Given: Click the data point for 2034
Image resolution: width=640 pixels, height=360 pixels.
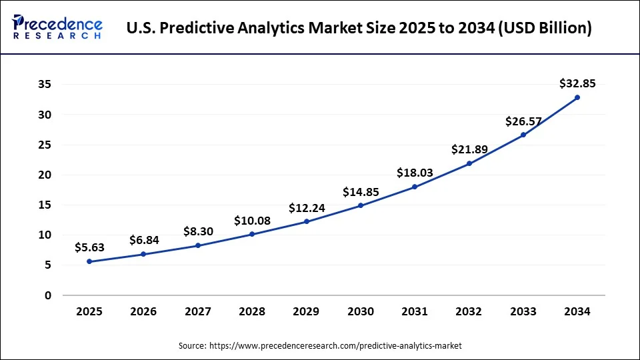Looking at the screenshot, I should tap(577, 97).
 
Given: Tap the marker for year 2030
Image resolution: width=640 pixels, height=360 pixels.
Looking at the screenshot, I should tap(361, 205).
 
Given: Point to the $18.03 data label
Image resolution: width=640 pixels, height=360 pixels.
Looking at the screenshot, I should tap(415, 173).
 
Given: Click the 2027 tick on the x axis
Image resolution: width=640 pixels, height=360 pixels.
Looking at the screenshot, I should tap(198, 311).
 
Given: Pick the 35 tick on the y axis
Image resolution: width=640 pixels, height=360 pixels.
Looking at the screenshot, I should tap(43, 85).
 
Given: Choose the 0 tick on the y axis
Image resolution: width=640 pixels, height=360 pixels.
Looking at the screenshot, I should tap(47, 295).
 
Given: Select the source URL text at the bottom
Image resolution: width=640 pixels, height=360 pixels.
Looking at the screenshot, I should tap(319, 346).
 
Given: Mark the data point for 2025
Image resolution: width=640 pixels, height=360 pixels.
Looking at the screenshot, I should tap(89, 261).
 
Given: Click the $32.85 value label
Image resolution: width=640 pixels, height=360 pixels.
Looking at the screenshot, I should tap(577, 83).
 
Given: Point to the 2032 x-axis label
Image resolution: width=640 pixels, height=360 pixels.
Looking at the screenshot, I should tap(469, 311).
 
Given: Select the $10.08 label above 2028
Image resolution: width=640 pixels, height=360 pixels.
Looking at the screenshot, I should tap(252, 220).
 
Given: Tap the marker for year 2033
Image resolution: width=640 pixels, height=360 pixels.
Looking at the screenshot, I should tap(523, 135).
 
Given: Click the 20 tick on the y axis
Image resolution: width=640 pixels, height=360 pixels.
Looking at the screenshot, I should tap(43, 175).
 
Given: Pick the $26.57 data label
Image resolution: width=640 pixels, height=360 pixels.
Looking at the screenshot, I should tap(523, 121).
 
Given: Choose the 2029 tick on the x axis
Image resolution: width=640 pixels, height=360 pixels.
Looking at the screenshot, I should tap(306, 311).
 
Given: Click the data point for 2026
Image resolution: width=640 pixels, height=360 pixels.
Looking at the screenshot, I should tap(143, 254).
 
